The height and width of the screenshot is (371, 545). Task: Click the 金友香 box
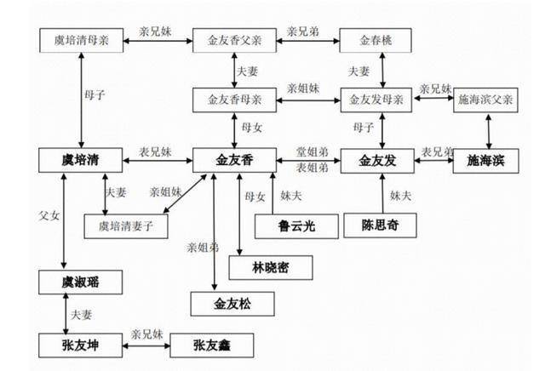coord(235,160)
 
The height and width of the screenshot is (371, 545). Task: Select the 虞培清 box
coord(81,160)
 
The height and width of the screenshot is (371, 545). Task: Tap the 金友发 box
coord(377,161)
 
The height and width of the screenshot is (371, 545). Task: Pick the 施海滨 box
coord(486,161)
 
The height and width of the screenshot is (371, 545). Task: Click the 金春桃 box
coord(376,41)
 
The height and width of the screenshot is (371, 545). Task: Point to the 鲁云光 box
coord(296,226)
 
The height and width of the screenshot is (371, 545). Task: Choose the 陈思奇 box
coord(380,225)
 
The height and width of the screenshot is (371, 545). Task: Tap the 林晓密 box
coord(271,268)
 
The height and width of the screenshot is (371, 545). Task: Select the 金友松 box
coord(232,304)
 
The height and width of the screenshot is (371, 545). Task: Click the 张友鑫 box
coord(212,345)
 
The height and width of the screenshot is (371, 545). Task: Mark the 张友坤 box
coord(81,345)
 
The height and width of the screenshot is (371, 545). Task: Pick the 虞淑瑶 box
coord(81,282)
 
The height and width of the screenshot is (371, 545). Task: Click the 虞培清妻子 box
coord(126,226)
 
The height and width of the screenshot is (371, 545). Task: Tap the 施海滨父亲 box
coord(485,100)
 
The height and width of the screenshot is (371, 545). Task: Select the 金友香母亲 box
coord(235,100)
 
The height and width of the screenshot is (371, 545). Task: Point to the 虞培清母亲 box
coord(82,41)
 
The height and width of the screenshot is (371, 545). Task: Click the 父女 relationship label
coord(49,216)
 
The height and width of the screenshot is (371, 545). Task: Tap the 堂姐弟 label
coord(313,151)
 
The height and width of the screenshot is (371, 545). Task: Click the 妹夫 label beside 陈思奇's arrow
coord(400,196)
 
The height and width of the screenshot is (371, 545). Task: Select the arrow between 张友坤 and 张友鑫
coord(146,345)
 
